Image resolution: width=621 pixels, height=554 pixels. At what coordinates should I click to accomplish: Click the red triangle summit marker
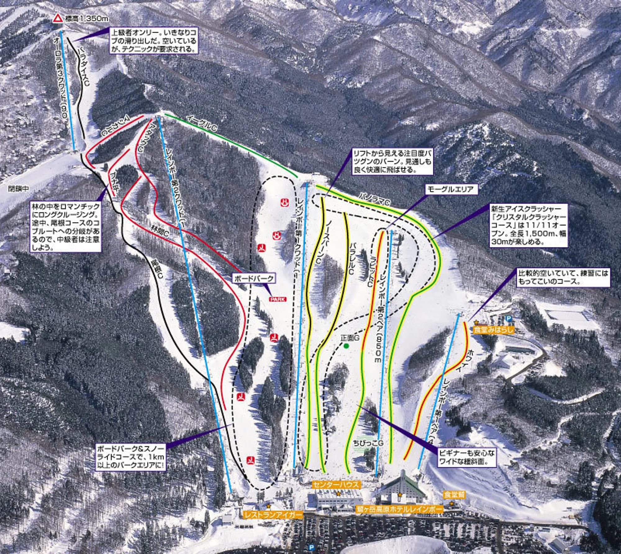click(x=57, y=18)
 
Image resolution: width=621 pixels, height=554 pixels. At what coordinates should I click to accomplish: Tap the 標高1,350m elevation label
click(x=87, y=19)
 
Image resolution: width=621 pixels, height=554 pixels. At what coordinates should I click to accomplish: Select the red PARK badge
click(x=278, y=299)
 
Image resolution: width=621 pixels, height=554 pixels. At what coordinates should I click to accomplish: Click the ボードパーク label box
click(x=254, y=278)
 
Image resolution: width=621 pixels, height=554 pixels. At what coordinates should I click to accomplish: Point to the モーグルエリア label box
click(x=451, y=189)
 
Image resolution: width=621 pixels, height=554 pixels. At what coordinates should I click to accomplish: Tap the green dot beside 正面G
click(x=346, y=346)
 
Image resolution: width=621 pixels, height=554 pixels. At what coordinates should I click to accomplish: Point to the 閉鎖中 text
click(x=19, y=189)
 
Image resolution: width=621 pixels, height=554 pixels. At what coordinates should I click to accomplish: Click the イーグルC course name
click(x=202, y=123)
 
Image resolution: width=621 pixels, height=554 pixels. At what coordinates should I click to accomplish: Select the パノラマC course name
click(x=374, y=199)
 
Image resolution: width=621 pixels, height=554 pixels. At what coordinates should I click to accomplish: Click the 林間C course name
click(x=160, y=231)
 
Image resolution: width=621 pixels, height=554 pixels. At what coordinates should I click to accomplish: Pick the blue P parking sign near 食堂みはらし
click(x=508, y=318)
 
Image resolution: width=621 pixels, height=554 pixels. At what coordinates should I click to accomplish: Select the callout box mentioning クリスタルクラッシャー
click(x=528, y=225)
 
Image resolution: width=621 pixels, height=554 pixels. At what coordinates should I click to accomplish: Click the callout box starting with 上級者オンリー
click(x=153, y=41)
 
